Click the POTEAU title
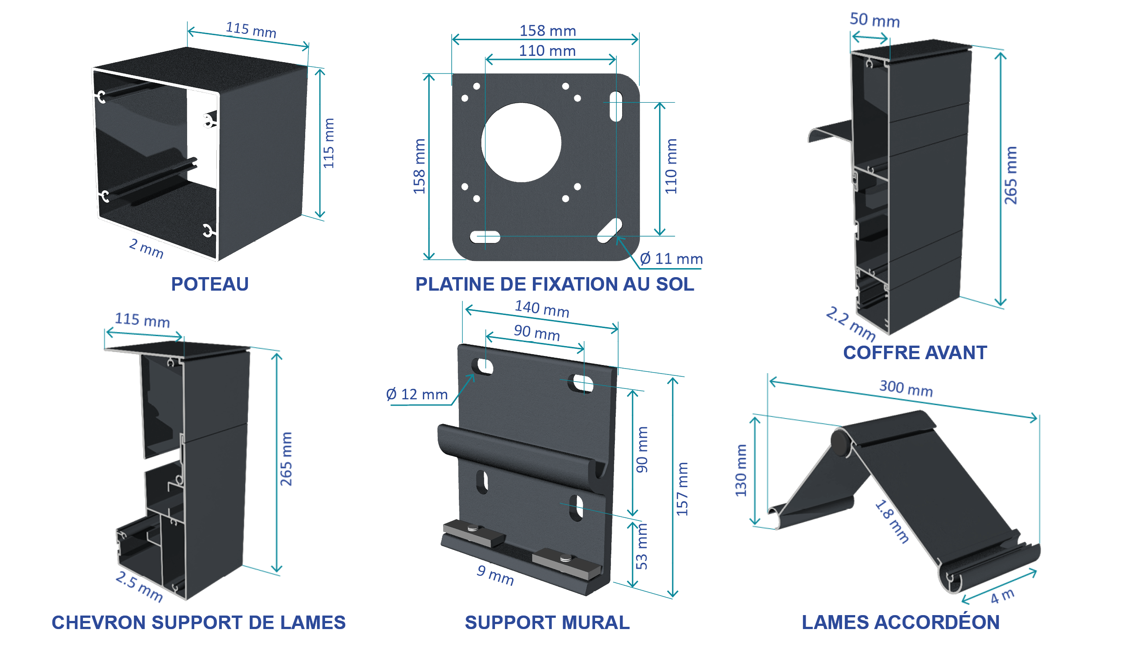pyautogui.click(x=210, y=284)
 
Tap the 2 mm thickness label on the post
pyautogui.click(x=147, y=248)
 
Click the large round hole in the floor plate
pyautogui.click(x=521, y=142)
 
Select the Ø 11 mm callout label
pyautogui.click(x=671, y=259)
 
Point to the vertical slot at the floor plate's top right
pyautogui.click(x=616, y=106)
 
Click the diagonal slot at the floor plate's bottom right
pyautogui.click(x=609, y=231)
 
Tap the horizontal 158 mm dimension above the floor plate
pyautogui.click(x=548, y=31)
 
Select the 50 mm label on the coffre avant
pyautogui.click(x=875, y=20)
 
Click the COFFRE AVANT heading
pyautogui.click(x=915, y=352)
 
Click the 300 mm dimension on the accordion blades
pyautogui.click(x=906, y=388)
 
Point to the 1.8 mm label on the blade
pyautogui.click(x=892, y=521)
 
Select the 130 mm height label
pyautogui.click(x=741, y=470)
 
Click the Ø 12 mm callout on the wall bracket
pyautogui.click(x=417, y=394)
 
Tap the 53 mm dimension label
pyautogui.click(x=641, y=546)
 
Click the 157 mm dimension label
pyautogui.click(x=682, y=489)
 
